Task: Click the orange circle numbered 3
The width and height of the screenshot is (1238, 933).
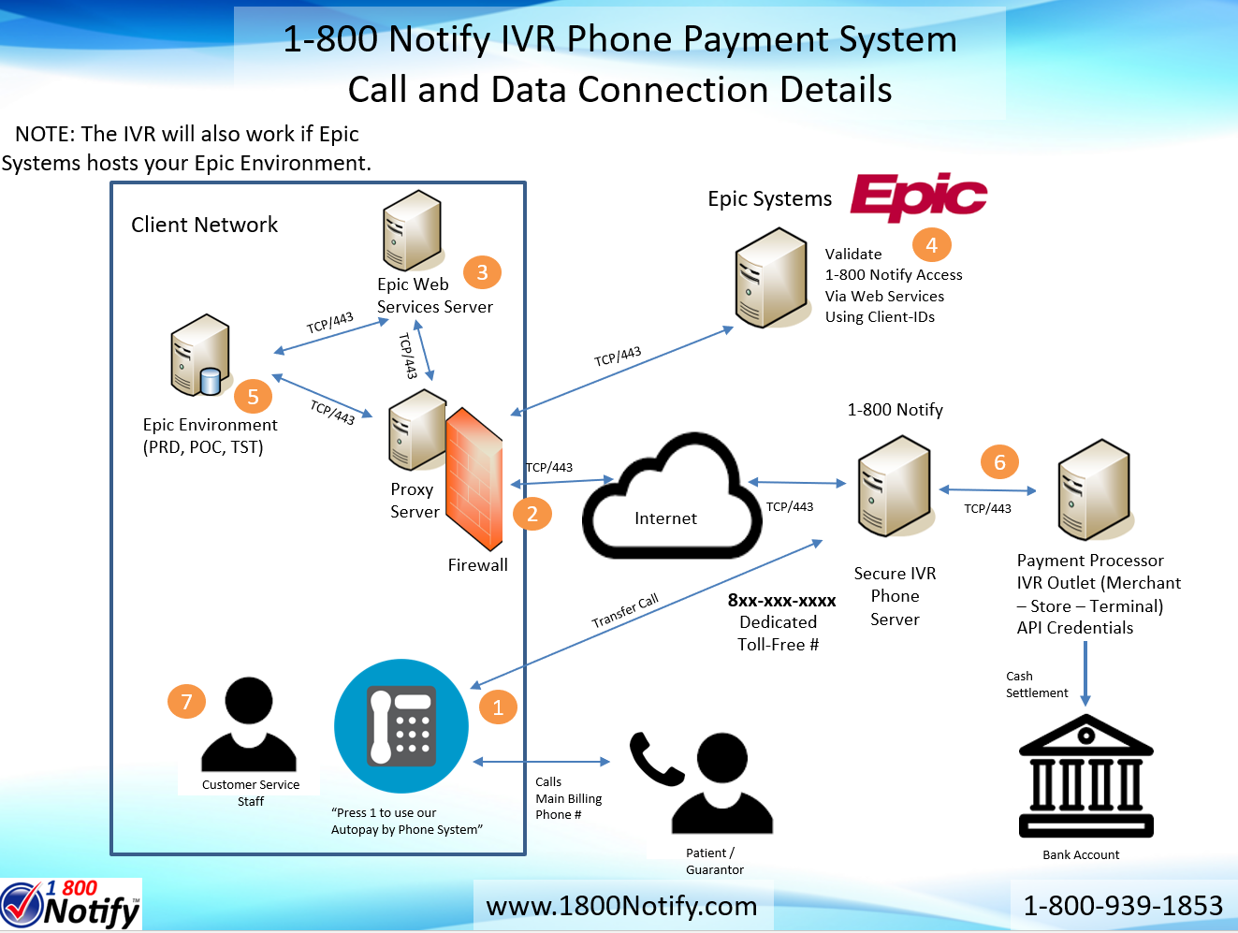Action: tap(482, 272)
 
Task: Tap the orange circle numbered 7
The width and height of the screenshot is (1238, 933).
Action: tap(186, 701)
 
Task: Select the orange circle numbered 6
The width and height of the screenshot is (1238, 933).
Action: tap(999, 461)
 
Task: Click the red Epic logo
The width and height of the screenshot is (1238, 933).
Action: tap(918, 197)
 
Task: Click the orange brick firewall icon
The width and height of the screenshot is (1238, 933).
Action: tap(474, 479)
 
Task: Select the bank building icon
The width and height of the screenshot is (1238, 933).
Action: tap(1085, 776)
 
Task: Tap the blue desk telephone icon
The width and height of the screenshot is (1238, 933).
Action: tap(401, 726)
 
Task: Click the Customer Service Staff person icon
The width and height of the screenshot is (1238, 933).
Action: tap(249, 725)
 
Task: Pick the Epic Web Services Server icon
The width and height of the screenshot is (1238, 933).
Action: tap(412, 231)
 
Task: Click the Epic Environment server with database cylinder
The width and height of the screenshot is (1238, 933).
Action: tap(200, 356)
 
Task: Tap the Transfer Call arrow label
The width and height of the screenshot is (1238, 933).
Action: tap(625, 611)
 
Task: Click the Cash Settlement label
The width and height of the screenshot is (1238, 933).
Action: tap(1036, 684)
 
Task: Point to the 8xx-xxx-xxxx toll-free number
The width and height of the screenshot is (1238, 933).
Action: tap(781, 601)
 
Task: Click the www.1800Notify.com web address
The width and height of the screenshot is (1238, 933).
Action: tap(621, 906)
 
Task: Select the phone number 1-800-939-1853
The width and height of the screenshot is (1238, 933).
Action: tap(1122, 906)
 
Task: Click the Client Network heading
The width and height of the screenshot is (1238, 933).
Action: tap(204, 225)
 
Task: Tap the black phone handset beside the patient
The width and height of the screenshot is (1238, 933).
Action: tap(655, 758)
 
